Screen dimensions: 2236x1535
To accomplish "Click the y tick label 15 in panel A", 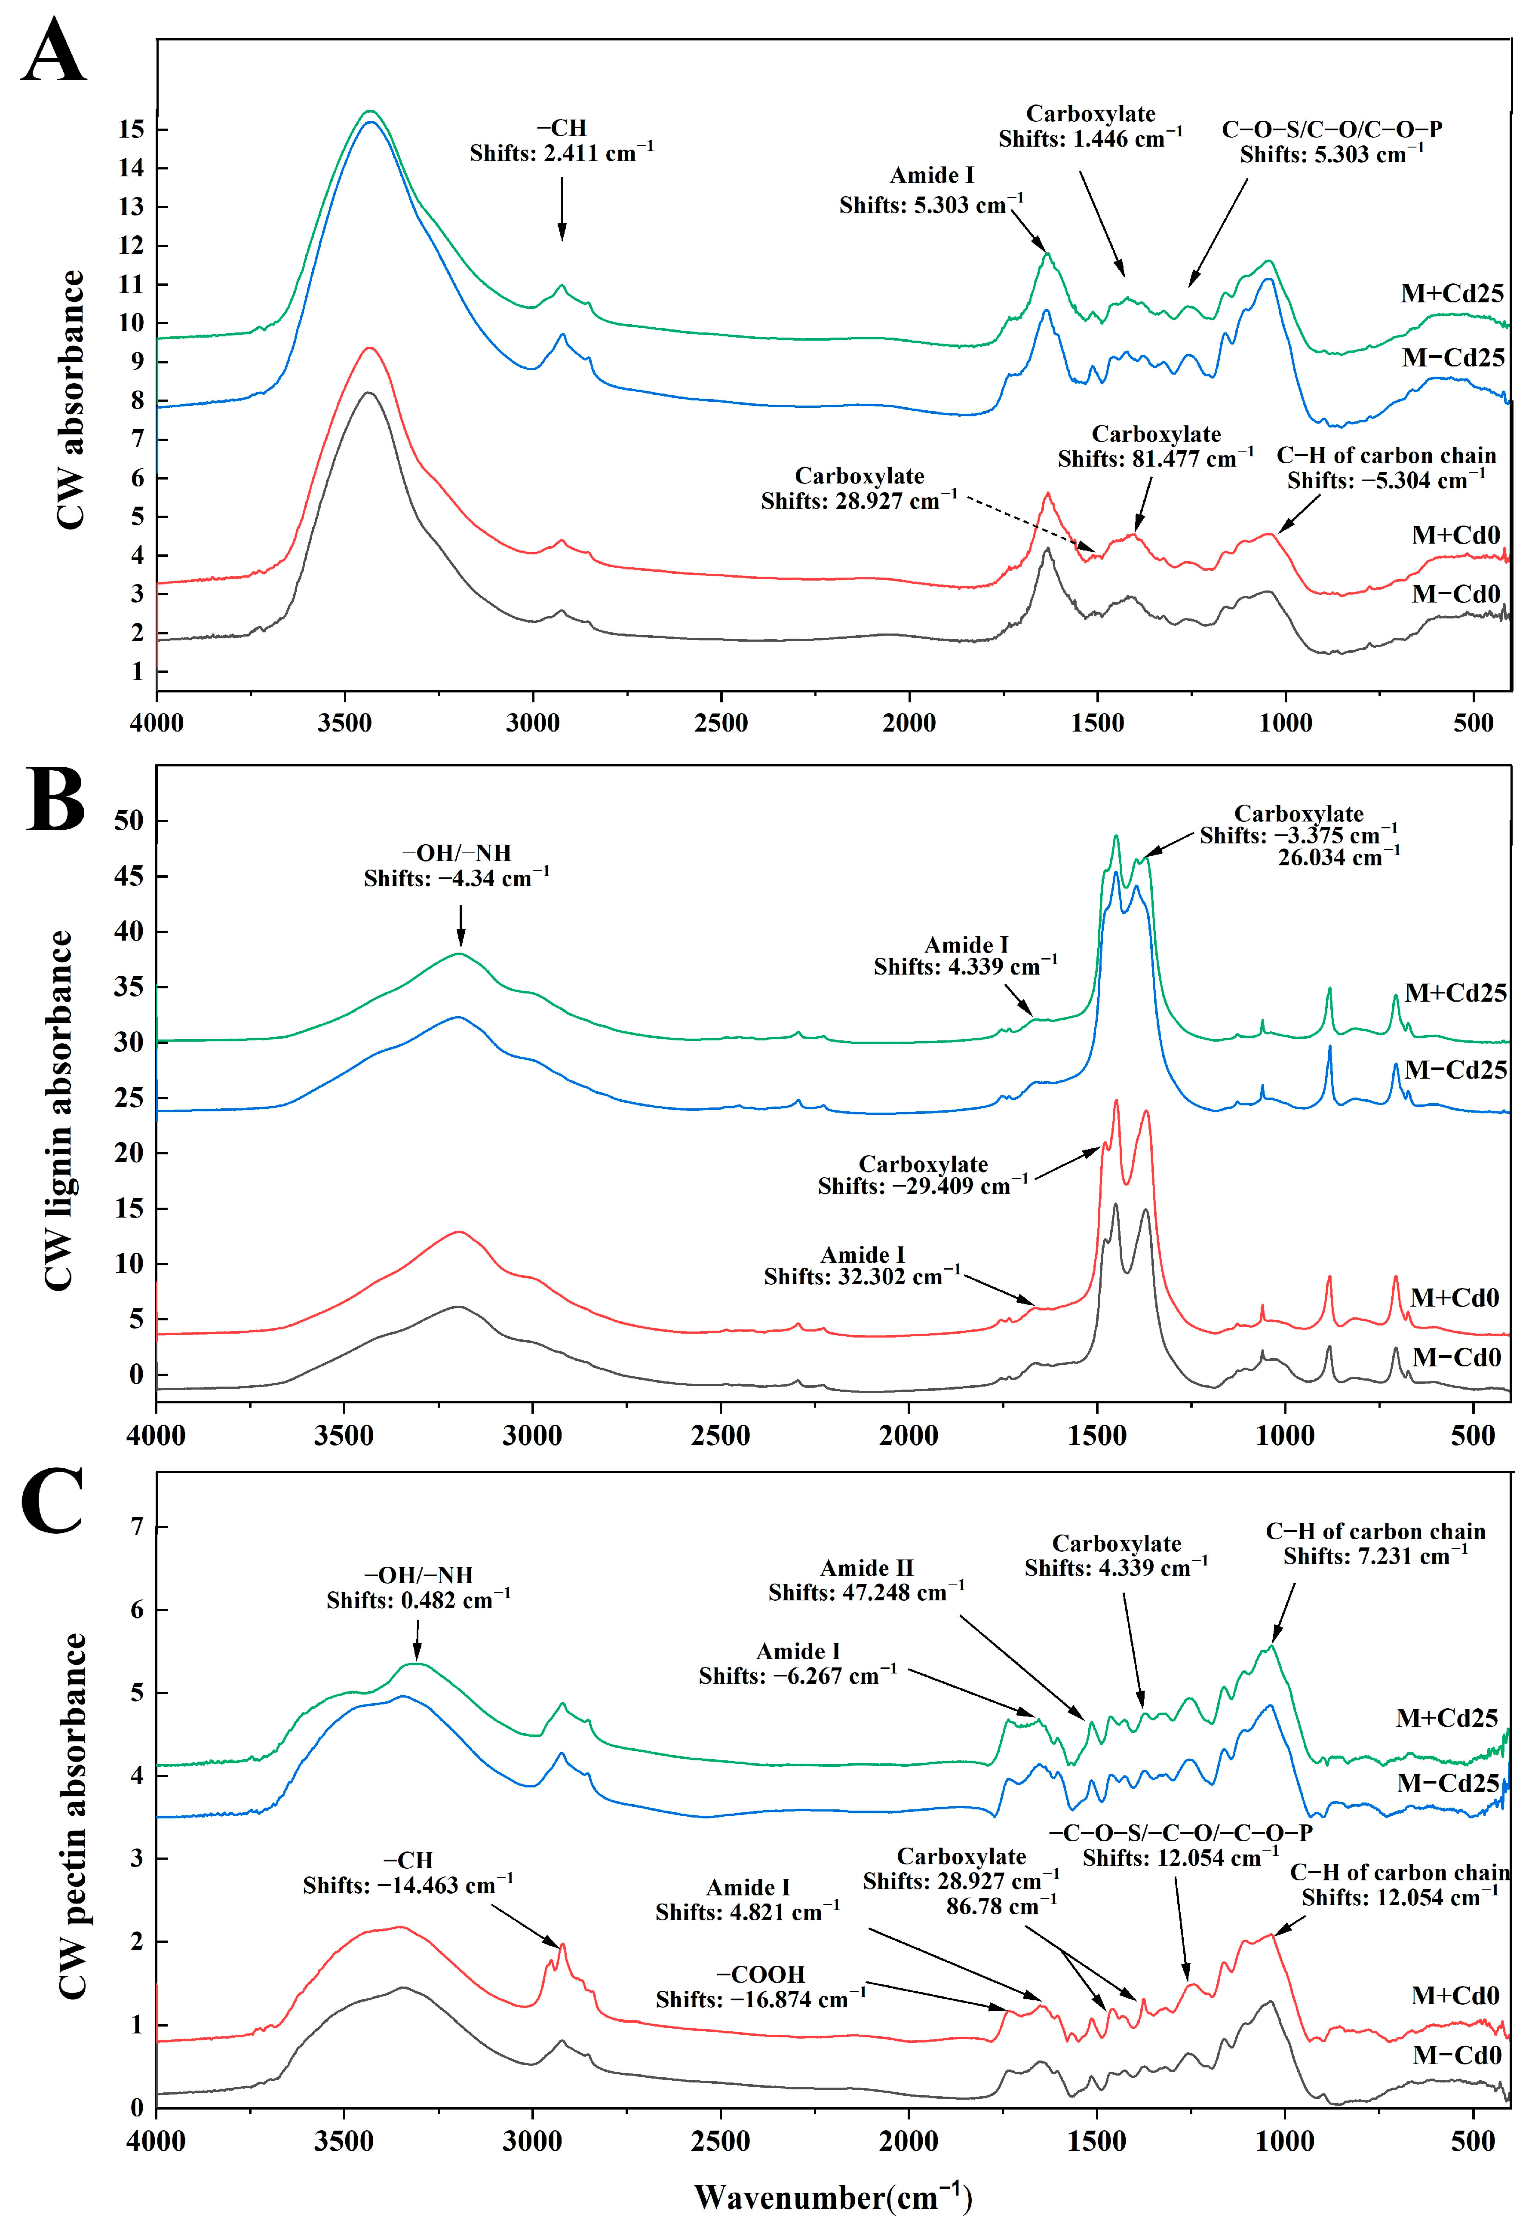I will [x=131, y=129].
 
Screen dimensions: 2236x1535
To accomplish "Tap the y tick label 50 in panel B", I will [x=129, y=821].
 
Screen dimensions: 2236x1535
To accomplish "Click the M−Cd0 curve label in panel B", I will [x=1456, y=1358].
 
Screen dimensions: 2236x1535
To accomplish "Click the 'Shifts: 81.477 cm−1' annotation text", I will [x=1155, y=459].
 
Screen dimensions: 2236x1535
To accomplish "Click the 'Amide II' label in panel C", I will [x=866, y=1568].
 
